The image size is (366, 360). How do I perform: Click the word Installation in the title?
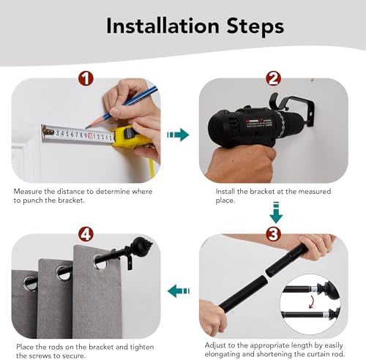click(x=163, y=26)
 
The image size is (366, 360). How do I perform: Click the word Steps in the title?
click(x=255, y=27)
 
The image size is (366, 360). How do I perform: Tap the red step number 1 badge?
click(x=86, y=78)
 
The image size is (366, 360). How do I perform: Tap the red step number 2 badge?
click(x=273, y=78)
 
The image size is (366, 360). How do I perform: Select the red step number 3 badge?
click(x=273, y=234)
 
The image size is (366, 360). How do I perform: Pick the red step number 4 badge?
click(x=86, y=234)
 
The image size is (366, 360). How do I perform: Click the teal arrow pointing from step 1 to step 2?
click(x=178, y=135)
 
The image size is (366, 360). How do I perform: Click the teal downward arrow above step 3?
click(x=276, y=212)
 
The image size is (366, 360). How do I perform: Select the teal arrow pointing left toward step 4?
click(x=179, y=290)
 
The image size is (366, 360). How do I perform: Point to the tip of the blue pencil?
click(x=86, y=127)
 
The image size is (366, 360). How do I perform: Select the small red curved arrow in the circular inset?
click(x=311, y=301)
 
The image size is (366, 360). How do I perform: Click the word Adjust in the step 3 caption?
click(x=215, y=345)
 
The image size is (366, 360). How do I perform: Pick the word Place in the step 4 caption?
click(x=25, y=347)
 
